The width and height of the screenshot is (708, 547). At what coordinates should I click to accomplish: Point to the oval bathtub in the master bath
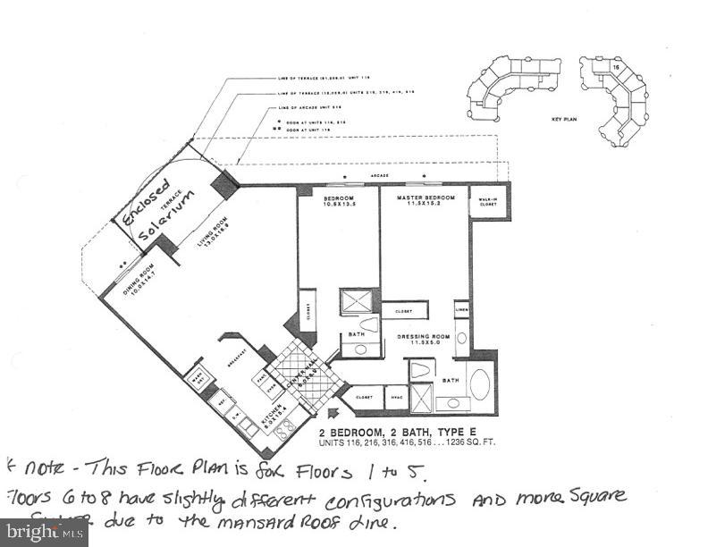tap(478, 385)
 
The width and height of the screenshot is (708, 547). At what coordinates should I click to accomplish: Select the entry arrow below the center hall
tap(333, 413)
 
